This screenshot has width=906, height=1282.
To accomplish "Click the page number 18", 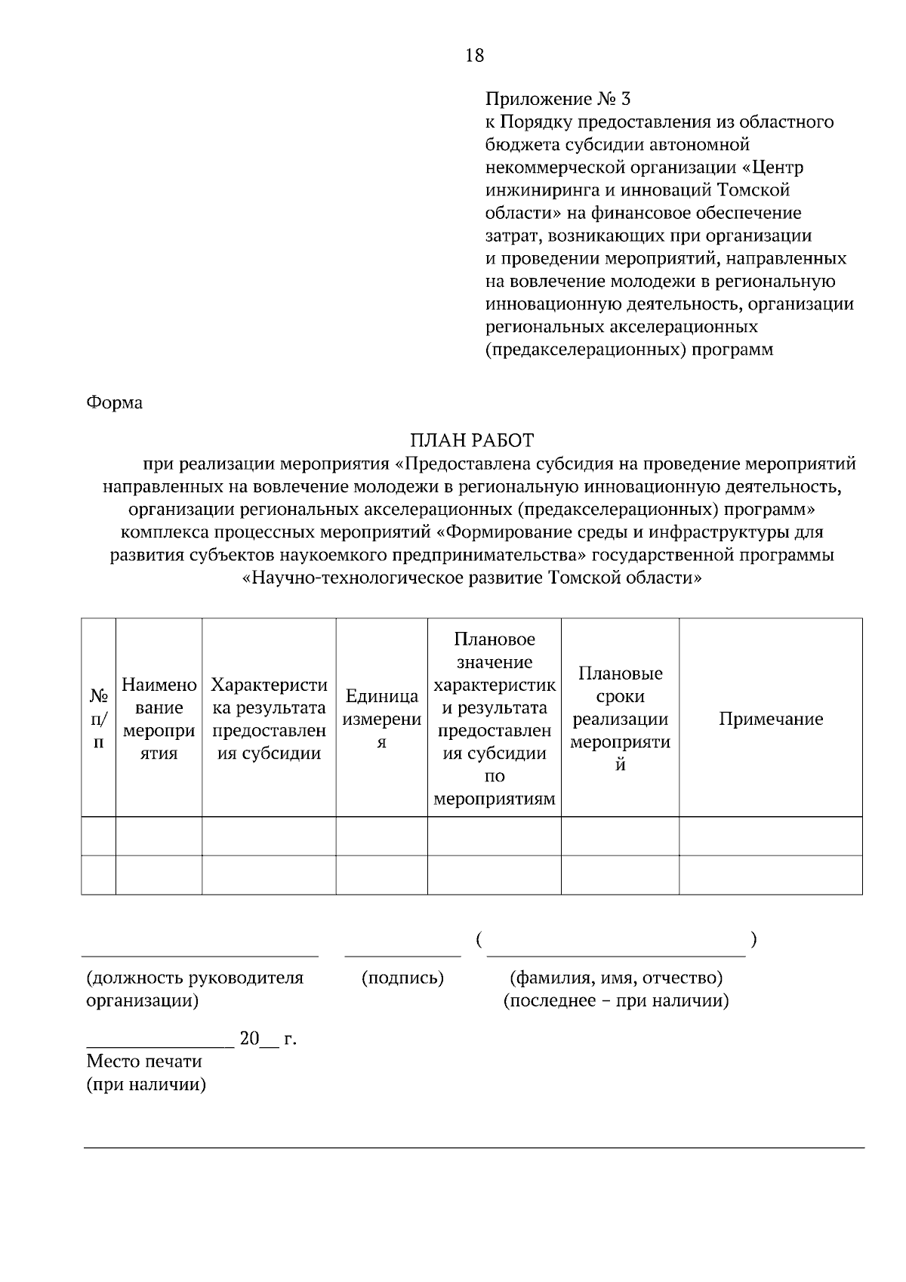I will click(x=475, y=55).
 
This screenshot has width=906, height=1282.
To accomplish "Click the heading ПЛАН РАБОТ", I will click(x=472, y=440).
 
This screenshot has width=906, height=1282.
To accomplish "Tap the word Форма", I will click(x=114, y=402).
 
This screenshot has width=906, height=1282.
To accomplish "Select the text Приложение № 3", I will click(x=557, y=99).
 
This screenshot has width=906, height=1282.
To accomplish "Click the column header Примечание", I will click(x=770, y=719).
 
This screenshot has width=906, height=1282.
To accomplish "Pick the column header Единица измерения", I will click(x=382, y=719).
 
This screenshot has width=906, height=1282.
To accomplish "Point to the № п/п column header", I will click(x=98, y=719).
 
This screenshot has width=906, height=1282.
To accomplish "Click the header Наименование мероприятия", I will click(x=159, y=719).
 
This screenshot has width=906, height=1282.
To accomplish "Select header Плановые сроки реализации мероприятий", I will click(x=620, y=719).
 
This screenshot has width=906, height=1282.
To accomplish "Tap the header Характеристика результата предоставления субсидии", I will click(x=269, y=719).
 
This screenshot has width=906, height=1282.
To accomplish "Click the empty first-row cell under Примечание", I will click(x=770, y=837).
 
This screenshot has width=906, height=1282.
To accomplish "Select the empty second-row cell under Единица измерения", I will click(x=382, y=875).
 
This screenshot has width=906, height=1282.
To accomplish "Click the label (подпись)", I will click(x=402, y=978).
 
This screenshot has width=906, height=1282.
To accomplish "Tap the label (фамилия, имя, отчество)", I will click(x=617, y=978).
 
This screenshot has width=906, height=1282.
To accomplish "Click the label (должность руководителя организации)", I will click(x=195, y=989).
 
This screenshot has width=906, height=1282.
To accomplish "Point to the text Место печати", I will click(x=144, y=1062).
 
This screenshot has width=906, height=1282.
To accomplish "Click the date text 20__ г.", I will click(x=268, y=1040).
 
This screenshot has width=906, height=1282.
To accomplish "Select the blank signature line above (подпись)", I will click(x=402, y=955).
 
